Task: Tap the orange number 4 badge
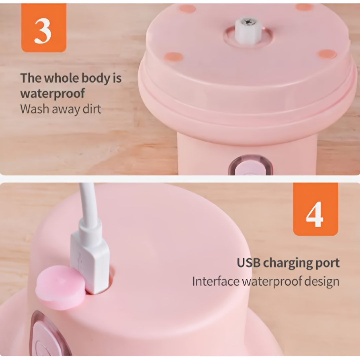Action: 315,209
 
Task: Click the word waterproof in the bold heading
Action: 53,94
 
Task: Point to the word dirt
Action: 92,109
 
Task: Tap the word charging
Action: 288,264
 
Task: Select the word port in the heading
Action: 328,264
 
